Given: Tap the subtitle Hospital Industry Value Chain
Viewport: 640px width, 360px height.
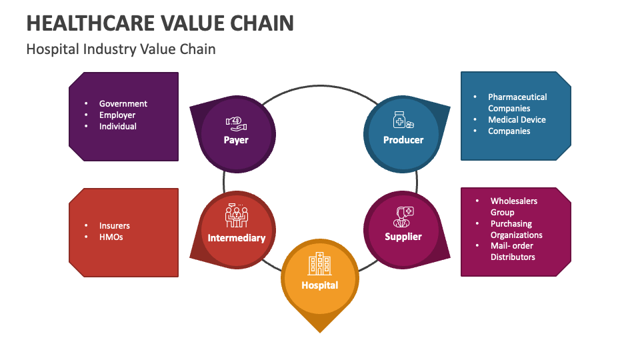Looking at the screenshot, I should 121,49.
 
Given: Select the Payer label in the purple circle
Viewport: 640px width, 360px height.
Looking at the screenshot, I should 236,140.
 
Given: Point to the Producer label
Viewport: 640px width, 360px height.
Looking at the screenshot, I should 403,140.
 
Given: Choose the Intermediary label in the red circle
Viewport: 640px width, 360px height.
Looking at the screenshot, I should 237,238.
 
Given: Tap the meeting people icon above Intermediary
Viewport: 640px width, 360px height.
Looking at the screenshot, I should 237,215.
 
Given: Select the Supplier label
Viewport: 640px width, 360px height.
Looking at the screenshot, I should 403,237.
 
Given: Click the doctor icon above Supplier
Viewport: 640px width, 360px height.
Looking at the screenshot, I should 403,215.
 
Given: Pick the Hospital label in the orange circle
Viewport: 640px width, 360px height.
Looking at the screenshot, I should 320,285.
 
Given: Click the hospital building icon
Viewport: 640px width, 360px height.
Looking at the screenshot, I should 319,264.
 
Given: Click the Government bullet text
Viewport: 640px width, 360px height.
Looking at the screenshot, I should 123,104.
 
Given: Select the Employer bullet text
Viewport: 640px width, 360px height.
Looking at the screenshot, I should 117,115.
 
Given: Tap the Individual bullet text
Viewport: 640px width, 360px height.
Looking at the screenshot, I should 118,127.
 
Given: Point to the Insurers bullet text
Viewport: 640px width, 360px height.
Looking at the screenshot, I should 115,226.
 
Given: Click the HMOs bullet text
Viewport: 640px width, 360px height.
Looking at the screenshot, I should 111,237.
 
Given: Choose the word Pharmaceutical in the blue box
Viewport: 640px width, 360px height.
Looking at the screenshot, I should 517,97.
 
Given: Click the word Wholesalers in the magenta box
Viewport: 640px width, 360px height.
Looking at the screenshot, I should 514,201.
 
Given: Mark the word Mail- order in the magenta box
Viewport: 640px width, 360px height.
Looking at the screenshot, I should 511,246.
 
